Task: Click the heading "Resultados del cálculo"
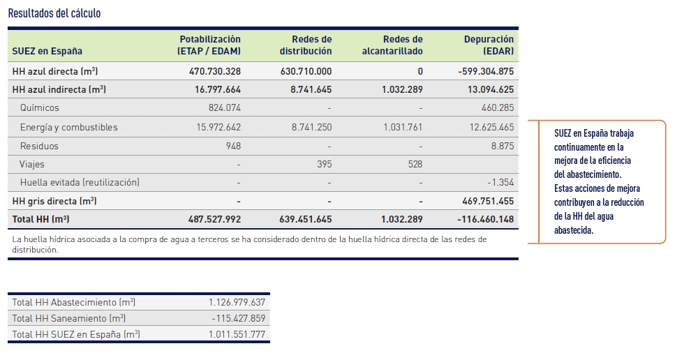tap(54, 13)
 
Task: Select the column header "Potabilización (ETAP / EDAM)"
tap(209, 45)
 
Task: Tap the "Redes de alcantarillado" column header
tap(392, 45)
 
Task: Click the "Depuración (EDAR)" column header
tap(489, 45)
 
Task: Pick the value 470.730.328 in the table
tap(215, 71)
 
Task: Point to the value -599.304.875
tap(486, 71)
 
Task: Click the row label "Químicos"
tap(40, 107)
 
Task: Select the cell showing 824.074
tap(225, 107)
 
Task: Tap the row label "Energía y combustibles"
tap(69, 127)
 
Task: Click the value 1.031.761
tap(403, 127)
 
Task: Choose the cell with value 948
tap(233, 146)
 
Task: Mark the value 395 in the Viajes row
tap(324, 164)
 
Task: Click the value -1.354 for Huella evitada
tap(500, 183)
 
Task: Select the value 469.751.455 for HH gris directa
tap(488, 201)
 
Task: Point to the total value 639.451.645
tap(306, 219)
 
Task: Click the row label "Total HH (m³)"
tap(41, 219)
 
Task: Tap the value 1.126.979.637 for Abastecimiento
tap(237, 303)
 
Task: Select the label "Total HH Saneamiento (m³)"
tap(69, 319)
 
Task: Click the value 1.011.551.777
tap(237, 335)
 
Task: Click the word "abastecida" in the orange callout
tap(574, 230)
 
